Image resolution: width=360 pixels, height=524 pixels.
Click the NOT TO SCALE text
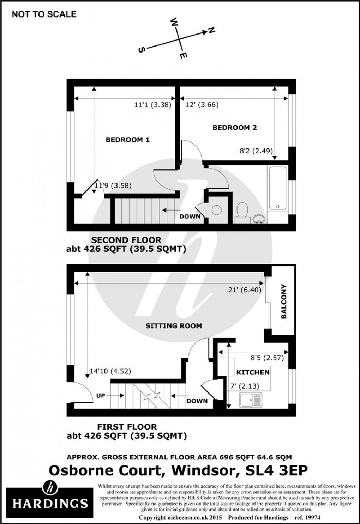44,14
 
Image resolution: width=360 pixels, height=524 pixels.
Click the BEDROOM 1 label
127,140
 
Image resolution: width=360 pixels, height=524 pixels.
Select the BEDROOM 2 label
234,128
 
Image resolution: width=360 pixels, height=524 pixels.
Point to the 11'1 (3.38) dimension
152,105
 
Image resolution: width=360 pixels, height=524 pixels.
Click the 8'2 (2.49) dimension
256,151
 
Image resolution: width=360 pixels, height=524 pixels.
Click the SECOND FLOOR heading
126,240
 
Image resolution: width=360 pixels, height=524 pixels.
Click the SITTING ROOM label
174,326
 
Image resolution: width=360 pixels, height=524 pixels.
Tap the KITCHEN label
253,372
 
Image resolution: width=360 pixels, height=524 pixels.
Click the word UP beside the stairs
101,396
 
